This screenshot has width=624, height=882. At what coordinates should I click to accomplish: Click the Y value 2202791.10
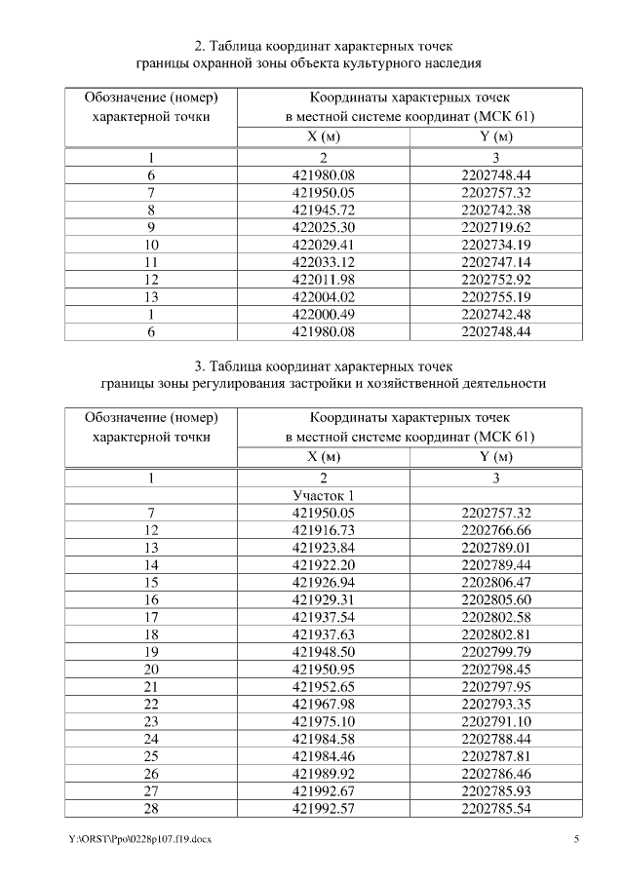point(496,723)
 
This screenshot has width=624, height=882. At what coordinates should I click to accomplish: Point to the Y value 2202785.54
point(496,811)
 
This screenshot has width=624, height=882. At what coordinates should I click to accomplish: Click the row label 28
point(151,811)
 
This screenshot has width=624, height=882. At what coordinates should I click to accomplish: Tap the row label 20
point(151,671)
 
